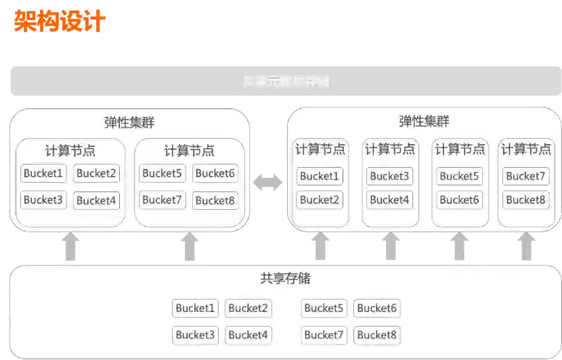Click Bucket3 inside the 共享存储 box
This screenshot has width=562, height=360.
pyautogui.click(x=195, y=334)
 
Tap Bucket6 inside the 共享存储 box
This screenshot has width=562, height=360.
pyautogui.click(x=376, y=309)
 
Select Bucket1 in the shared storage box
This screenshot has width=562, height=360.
pyautogui.click(x=195, y=309)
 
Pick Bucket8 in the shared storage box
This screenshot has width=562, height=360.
pyautogui.click(x=376, y=334)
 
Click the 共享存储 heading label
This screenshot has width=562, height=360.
pyautogui.click(x=285, y=278)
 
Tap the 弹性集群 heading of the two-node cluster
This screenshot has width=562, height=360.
pyautogui.click(x=129, y=123)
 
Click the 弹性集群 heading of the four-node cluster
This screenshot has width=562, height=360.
pyautogui.click(x=424, y=122)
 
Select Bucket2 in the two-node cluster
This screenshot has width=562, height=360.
pyautogui.click(x=96, y=173)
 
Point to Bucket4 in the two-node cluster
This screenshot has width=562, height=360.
pyautogui.click(x=96, y=200)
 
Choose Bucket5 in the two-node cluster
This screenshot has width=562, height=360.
pyautogui.click(x=161, y=173)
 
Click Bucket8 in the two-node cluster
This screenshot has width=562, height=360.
pyautogui.click(x=215, y=200)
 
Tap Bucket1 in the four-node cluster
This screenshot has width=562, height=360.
pyautogui.click(x=320, y=177)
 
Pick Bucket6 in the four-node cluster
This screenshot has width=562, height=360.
pyautogui.click(x=459, y=200)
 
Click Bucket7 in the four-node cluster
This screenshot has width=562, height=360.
pyautogui.click(x=525, y=177)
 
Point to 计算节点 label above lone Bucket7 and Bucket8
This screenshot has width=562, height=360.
pyautogui.click(x=526, y=150)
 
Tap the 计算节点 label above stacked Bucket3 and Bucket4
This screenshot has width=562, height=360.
pyautogui.click(x=389, y=150)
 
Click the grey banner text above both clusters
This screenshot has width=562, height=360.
pyautogui.click(x=286, y=82)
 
